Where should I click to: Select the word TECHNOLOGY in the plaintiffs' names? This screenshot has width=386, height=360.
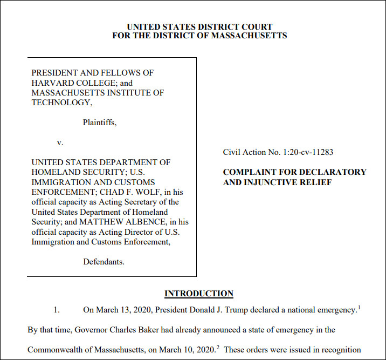coord(58,103)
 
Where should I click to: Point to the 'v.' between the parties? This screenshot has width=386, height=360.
coord(60,142)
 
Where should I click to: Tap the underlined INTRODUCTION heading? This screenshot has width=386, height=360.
coord(198,294)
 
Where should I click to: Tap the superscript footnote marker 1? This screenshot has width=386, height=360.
coord(359,308)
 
